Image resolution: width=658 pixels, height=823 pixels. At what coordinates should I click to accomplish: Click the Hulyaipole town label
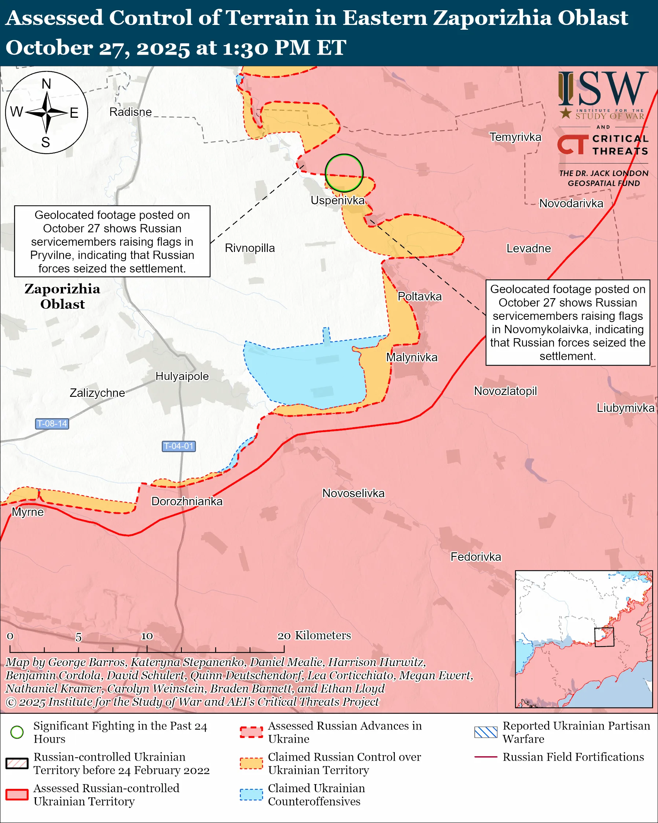point(182,376)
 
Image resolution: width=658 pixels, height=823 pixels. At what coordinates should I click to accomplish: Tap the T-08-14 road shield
point(52,424)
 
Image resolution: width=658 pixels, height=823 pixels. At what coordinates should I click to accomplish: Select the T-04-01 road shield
point(179,446)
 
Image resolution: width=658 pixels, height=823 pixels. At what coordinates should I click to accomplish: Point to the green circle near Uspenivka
point(344,173)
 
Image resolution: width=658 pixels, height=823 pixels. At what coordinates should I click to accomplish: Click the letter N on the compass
point(46,84)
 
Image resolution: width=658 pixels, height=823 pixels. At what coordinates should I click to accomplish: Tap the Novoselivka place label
point(353,493)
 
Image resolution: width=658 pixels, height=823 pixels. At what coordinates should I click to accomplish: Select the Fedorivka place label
point(476,557)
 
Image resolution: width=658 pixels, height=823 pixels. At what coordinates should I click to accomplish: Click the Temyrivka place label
point(515,137)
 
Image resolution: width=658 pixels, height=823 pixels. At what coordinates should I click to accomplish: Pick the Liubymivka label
point(625,408)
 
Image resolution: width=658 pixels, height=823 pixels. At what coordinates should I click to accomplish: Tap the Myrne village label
point(28,512)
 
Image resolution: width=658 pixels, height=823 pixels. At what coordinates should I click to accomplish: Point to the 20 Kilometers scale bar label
point(314,636)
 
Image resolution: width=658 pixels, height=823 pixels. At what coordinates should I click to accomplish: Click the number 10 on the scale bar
point(147,636)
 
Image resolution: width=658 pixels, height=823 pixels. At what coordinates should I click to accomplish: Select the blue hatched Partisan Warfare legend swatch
point(486,732)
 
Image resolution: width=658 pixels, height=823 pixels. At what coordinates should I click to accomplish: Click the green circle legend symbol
point(17,732)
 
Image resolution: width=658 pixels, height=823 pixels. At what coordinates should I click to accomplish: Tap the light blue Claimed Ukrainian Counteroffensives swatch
point(251,794)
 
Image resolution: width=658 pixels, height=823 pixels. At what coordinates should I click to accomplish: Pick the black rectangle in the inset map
point(604,637)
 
